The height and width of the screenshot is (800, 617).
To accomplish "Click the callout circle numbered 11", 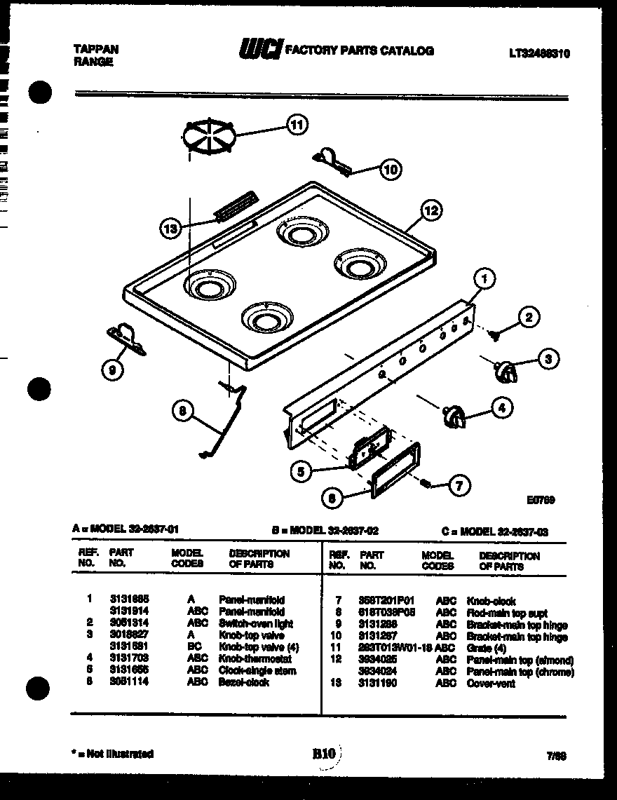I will pyautogui.click(x=297, y=126).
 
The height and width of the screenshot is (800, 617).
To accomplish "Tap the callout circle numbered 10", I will pyautogui.click(x=391, y=168).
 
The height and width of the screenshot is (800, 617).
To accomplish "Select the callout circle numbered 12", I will pyautogui.click(x=432, y=210).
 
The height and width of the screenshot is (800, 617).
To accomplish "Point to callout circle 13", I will pyautogui.click(x=168, y=227).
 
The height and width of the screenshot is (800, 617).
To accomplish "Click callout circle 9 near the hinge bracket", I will pyautogui.click(x=113, y=370).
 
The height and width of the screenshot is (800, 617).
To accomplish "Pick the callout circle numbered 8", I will pyautogui.click(x=182, y=412).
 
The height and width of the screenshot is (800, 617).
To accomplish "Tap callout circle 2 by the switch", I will pyautogui.click(x=529, y=318).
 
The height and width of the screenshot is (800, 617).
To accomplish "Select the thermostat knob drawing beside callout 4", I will pyautogui.click(x=452, y=415).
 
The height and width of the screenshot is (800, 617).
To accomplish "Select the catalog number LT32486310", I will pyautogui.click(x=539, y=53).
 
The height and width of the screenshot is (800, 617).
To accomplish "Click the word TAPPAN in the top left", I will pyautogui.click(x=96, y=49).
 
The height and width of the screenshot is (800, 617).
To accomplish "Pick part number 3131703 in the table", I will pyautogui.click(x=128, y=658).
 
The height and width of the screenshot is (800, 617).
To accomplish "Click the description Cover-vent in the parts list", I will pyautogui.click(x=491, y=684).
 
